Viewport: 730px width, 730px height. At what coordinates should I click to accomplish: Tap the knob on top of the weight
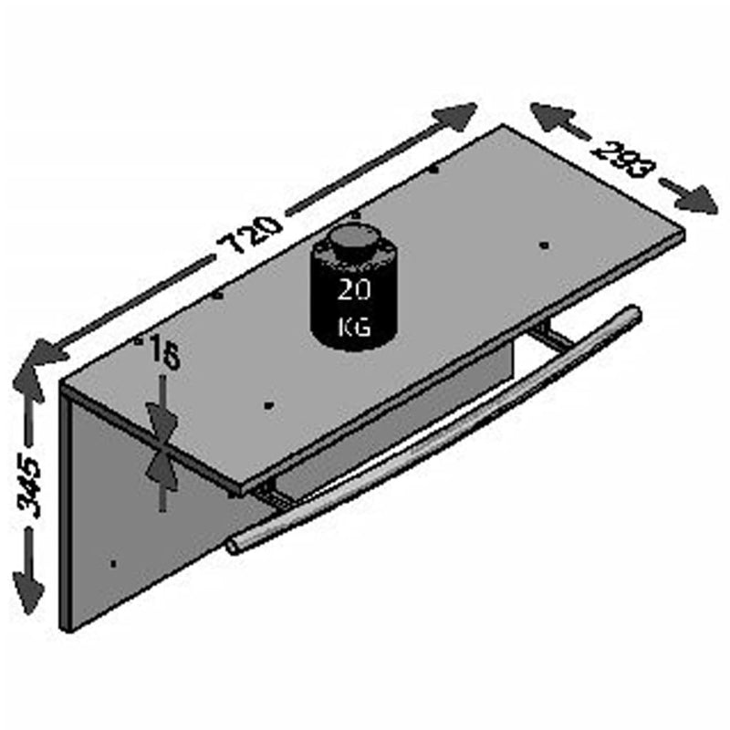[x=349, y=239]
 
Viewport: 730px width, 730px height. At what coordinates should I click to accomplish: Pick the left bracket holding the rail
[x=271, y=495]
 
